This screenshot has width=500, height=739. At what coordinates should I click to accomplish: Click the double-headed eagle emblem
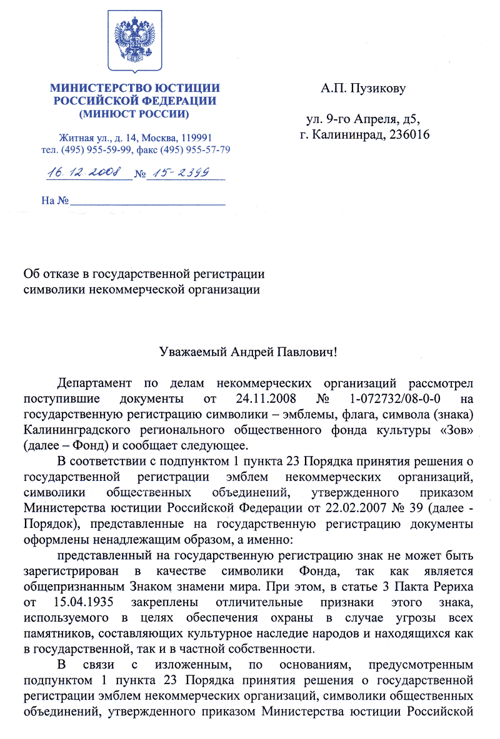[x=136, y=38]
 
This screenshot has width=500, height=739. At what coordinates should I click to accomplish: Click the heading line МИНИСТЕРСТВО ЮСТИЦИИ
[x=135, y=88]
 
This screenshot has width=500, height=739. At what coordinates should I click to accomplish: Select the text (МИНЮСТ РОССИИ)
[x=135, y=114]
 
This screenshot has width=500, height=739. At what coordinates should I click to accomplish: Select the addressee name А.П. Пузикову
[x=363, y=89]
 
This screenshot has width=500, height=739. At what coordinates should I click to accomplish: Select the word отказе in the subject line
[x=60, y=274]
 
